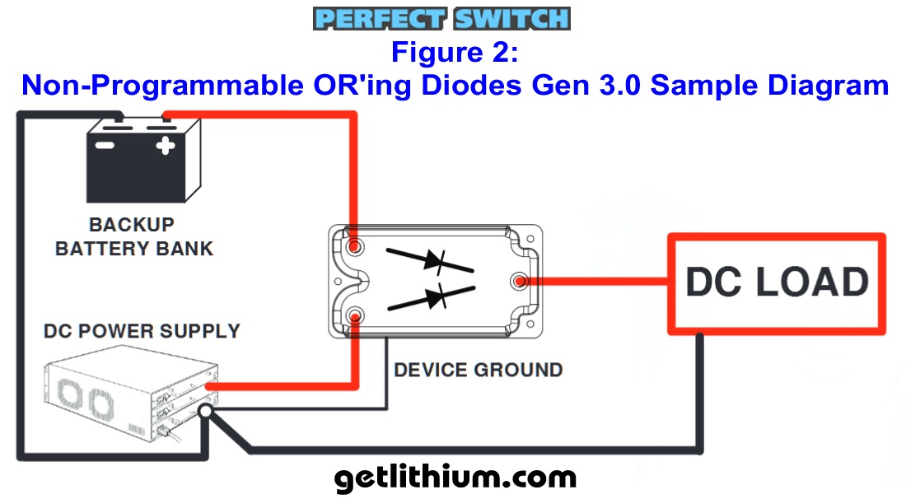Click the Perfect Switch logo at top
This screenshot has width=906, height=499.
(x=441, y=19)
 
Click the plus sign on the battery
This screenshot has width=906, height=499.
(x=166, y=147)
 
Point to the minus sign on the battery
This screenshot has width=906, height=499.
(x=105, y=147)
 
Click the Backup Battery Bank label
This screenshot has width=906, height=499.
(x=133, y=236)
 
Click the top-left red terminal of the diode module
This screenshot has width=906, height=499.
(x=356, y=247)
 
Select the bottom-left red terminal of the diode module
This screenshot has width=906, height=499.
(x=356, y=315)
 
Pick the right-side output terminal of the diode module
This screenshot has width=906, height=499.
(x=520, y=282)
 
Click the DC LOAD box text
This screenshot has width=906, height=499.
(x=777, y=282)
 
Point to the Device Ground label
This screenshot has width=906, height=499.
(x=478, y=370)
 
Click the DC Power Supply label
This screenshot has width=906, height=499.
(x=142, y=332)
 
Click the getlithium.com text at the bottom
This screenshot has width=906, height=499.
(x=455, y=477)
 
